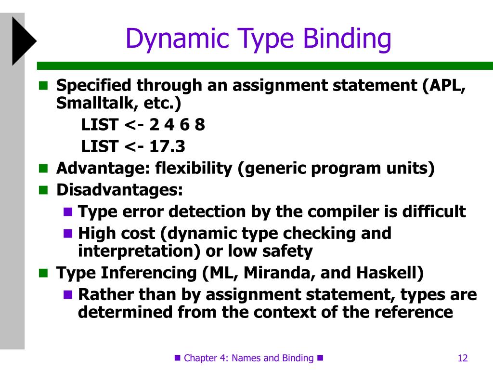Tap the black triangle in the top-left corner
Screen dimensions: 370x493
coord(23,40)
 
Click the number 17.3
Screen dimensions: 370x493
coord(167,145)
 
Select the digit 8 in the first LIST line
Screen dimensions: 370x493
coord(200,125)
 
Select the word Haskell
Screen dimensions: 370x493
coord(389,273)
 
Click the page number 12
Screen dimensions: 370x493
coord(463,358)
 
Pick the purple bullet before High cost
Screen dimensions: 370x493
coord(68,234)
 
